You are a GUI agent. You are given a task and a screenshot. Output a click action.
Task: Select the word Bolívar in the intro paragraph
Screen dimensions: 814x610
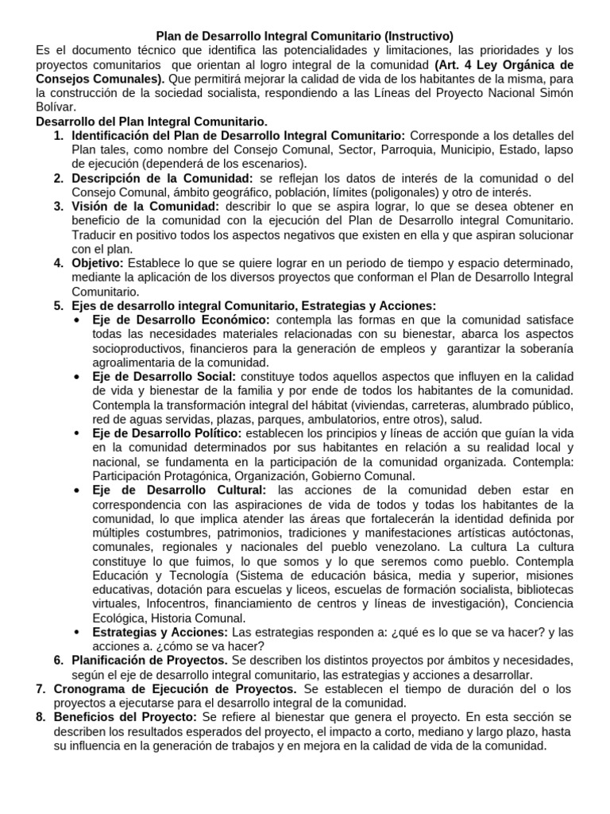[x=56, y=107]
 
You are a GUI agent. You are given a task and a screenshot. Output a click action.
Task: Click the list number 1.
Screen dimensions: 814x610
[x=58, y=136]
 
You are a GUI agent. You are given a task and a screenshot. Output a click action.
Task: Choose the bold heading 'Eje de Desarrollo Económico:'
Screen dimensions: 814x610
[x=181, y=320]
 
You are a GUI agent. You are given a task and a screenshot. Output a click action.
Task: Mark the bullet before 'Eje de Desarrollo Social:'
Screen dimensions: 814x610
[x=76, y=377]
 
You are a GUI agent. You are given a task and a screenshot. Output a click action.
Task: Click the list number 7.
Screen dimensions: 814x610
[x=41, y=688]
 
